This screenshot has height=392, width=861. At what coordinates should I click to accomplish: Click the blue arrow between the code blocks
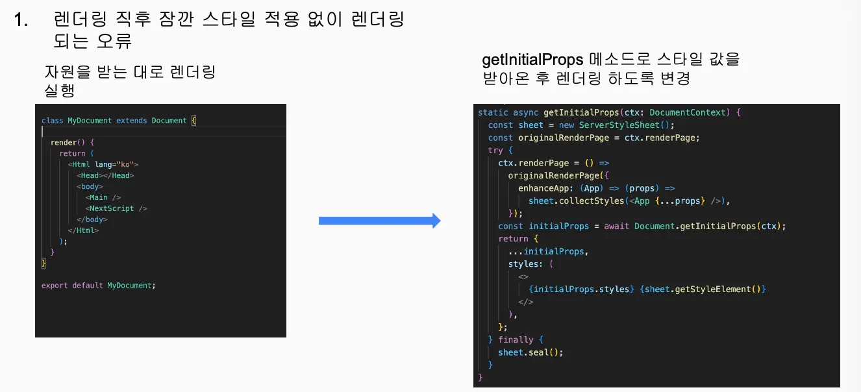point(379,221)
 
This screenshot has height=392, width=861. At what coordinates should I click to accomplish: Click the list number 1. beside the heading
point(23,20)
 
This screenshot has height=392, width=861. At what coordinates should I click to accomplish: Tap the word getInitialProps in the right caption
point(532,60)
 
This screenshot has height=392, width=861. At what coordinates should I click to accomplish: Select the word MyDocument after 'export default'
point(131,285)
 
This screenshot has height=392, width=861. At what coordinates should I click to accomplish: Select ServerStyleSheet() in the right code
point(627,125)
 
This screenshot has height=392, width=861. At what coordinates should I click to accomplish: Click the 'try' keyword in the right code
point(495,150)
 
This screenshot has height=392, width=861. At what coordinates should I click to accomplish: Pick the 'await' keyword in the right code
point(616,226)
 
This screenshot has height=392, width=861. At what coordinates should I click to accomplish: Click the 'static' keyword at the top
point(493,112)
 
